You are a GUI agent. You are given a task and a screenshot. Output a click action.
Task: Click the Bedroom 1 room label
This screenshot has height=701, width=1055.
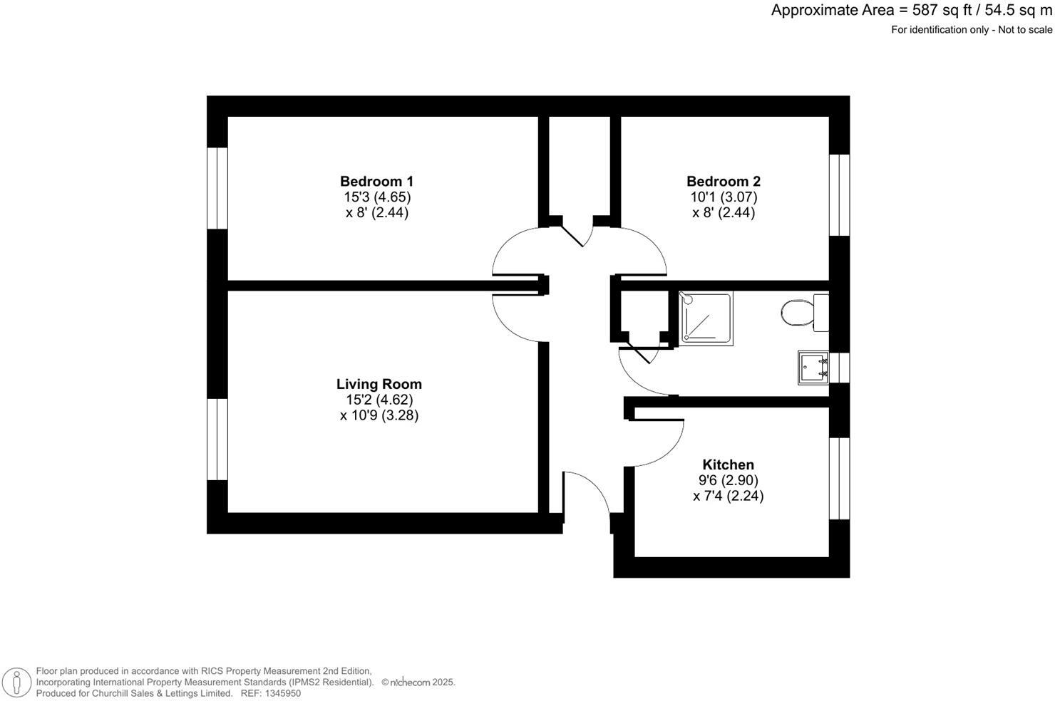point(376,181)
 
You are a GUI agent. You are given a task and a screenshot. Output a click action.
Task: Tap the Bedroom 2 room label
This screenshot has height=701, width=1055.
point(723,181)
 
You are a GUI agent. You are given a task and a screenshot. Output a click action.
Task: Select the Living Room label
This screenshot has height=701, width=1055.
point(379,384)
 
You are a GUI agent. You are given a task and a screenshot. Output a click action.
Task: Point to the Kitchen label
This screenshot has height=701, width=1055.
point(728,464)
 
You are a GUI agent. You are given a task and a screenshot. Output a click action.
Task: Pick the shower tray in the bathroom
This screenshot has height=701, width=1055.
point(705,318)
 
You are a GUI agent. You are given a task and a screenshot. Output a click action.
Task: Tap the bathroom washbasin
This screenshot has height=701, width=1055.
point(813,367)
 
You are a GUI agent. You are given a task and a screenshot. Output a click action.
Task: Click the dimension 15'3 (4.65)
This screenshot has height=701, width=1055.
point(376,197)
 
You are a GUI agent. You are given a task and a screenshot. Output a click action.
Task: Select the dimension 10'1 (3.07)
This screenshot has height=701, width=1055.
point(723,197)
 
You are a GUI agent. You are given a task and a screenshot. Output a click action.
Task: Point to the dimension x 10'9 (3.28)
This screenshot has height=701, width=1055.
point(379,415)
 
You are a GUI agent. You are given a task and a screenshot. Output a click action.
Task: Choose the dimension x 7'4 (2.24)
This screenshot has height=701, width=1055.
point(728,496)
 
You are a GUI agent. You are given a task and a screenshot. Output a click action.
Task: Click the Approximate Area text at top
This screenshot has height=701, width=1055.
point(911,11)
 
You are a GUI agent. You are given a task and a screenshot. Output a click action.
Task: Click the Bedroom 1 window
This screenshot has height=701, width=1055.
point(217,188)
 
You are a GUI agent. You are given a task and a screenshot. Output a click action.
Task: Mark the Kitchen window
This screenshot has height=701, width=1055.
point(840,478)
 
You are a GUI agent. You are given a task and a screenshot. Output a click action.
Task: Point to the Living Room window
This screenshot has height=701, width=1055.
point(217,440)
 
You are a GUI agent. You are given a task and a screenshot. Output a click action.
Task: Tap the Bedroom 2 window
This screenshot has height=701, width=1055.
point(840,194)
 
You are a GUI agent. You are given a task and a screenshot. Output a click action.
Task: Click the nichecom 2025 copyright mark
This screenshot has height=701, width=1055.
point(418,682)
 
